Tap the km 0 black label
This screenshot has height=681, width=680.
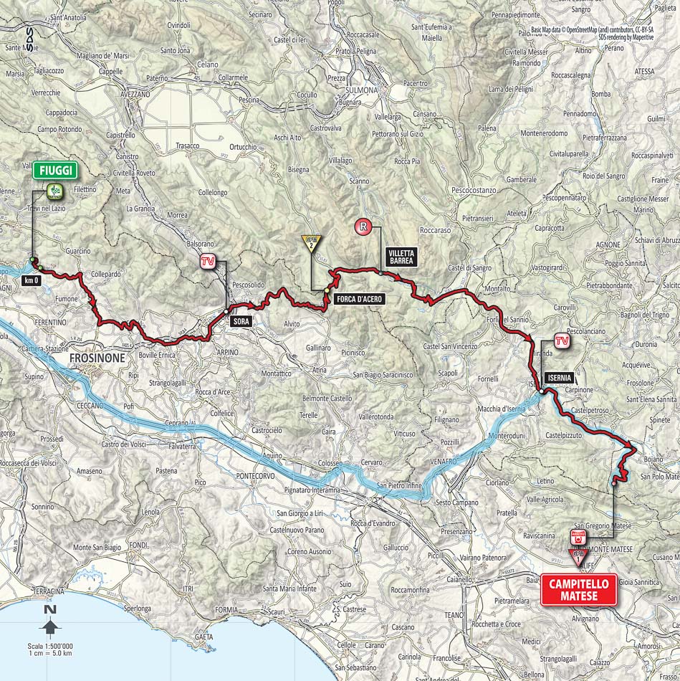tap(31, 280)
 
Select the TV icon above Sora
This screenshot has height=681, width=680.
tap(208, 262)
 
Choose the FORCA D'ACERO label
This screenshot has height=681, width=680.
tap(359, 300)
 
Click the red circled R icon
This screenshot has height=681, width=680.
tap(364, 228)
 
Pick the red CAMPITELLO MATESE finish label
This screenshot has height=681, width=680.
tap(578, 589)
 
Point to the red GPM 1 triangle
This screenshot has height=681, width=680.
tap(578, 554)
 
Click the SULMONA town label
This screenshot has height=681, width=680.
tap(361, 90)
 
